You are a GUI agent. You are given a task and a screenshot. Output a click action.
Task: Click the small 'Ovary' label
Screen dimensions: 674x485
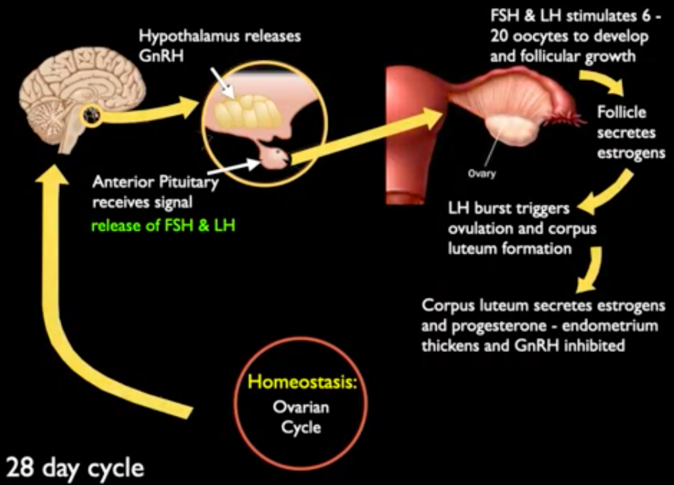click(482, 174)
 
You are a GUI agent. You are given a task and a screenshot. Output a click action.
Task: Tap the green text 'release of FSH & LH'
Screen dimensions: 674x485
click(163, 225)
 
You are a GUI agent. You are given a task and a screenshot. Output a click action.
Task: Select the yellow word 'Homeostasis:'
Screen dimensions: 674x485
click(303, 382)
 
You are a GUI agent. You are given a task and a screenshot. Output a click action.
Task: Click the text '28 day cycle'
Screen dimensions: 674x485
click(75, 468)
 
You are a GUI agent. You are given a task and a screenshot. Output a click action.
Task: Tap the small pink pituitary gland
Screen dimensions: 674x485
click(275, 157)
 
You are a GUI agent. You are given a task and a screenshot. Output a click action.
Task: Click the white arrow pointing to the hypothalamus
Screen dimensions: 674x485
click(222, 83)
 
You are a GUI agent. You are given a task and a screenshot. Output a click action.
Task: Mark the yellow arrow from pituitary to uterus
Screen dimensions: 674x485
click(365, 137)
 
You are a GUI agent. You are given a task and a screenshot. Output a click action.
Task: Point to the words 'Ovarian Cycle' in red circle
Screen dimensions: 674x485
click(301, 417)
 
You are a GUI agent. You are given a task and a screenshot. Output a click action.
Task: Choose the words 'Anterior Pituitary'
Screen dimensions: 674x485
click(155, 182)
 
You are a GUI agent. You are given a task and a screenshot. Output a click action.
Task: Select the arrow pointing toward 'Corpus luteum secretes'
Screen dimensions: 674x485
click(591, 269)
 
